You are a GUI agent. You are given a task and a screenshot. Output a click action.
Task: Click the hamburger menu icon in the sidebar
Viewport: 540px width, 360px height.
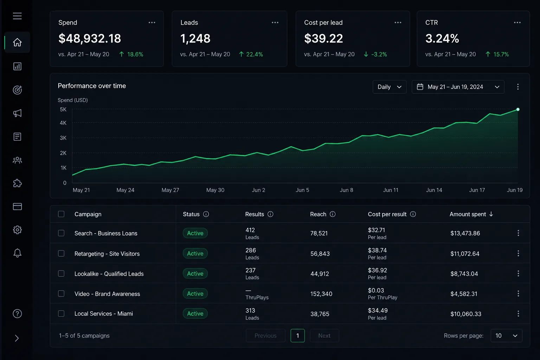click(17, 16)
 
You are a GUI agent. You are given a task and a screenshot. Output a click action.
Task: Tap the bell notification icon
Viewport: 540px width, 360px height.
click(17, 253)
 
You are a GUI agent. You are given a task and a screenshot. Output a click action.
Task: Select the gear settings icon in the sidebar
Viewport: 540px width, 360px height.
click(17, 230)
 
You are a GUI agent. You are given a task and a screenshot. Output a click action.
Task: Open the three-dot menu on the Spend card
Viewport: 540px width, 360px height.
click(152, 22)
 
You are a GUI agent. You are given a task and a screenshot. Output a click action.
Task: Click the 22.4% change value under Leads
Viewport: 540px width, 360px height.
click(254, 54)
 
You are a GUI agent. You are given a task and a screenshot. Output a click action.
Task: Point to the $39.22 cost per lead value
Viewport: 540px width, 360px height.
click(323, 38)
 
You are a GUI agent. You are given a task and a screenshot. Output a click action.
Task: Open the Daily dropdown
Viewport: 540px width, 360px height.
click(389, 87)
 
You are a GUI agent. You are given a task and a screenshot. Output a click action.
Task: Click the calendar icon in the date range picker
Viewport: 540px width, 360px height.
click(420, 87)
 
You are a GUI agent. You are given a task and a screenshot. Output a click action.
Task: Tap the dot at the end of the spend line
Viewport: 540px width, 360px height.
click(518, 109)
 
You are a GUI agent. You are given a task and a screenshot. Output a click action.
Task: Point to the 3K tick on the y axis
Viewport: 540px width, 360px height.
click(63, 138)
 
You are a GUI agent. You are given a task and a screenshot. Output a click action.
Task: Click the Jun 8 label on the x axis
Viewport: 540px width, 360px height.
click(346, 190)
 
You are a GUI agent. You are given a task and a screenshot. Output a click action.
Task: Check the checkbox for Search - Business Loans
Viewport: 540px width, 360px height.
click(61, 233)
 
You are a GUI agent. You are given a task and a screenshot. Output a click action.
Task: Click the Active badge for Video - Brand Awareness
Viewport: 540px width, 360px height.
click(195, 294)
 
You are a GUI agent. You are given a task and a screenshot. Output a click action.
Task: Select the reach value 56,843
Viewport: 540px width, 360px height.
click(320, 254)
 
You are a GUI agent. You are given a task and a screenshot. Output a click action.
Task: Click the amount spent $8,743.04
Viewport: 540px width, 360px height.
click(464, 274)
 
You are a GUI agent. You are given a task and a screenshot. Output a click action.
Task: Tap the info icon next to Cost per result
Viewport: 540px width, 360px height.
click(413, 214)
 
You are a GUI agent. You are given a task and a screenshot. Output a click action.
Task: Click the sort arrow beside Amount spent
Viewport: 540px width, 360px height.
click(491, 214)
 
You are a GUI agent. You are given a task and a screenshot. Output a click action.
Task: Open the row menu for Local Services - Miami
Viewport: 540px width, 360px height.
click(518, 314)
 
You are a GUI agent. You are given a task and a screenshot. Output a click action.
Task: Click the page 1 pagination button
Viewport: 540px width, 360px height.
click(297, 336)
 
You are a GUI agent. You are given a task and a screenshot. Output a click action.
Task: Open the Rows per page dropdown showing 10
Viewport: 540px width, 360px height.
click(507, 336)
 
